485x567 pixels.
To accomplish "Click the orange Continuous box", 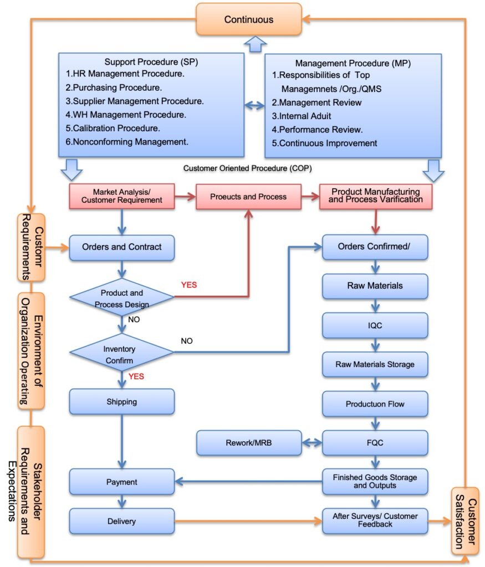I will click(x=249, y=19).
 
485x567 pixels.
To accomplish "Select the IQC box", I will click(x=375, y=326).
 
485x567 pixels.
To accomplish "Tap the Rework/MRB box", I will click(x=249, y=443).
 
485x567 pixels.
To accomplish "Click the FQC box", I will click(x=375, y=443).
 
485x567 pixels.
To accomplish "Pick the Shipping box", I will click(x=122, y=401).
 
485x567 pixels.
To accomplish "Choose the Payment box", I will click(x=122, y=482).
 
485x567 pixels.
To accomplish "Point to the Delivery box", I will click(x=122, y=521).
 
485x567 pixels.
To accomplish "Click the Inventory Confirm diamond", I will click(x=121, y=355).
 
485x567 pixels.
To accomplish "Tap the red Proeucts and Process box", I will click(x=248, y=197).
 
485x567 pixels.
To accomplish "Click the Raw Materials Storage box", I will click(x=375, y=364).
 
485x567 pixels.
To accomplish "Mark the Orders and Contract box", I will click(x=122, y=247).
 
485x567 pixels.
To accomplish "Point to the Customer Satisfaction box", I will click(x=464, y=521).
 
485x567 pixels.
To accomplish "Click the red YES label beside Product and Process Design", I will click(x=189, y=285).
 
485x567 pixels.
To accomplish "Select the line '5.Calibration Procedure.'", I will click(x=113, y=128).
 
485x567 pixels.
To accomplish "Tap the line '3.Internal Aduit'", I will click(x=302, y=116).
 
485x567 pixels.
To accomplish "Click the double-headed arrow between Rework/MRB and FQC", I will click(x=312, y=443).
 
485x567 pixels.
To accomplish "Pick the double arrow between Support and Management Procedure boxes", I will click(x=255, y=105).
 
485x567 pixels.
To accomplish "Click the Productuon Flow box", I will click(x=375, y=404).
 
